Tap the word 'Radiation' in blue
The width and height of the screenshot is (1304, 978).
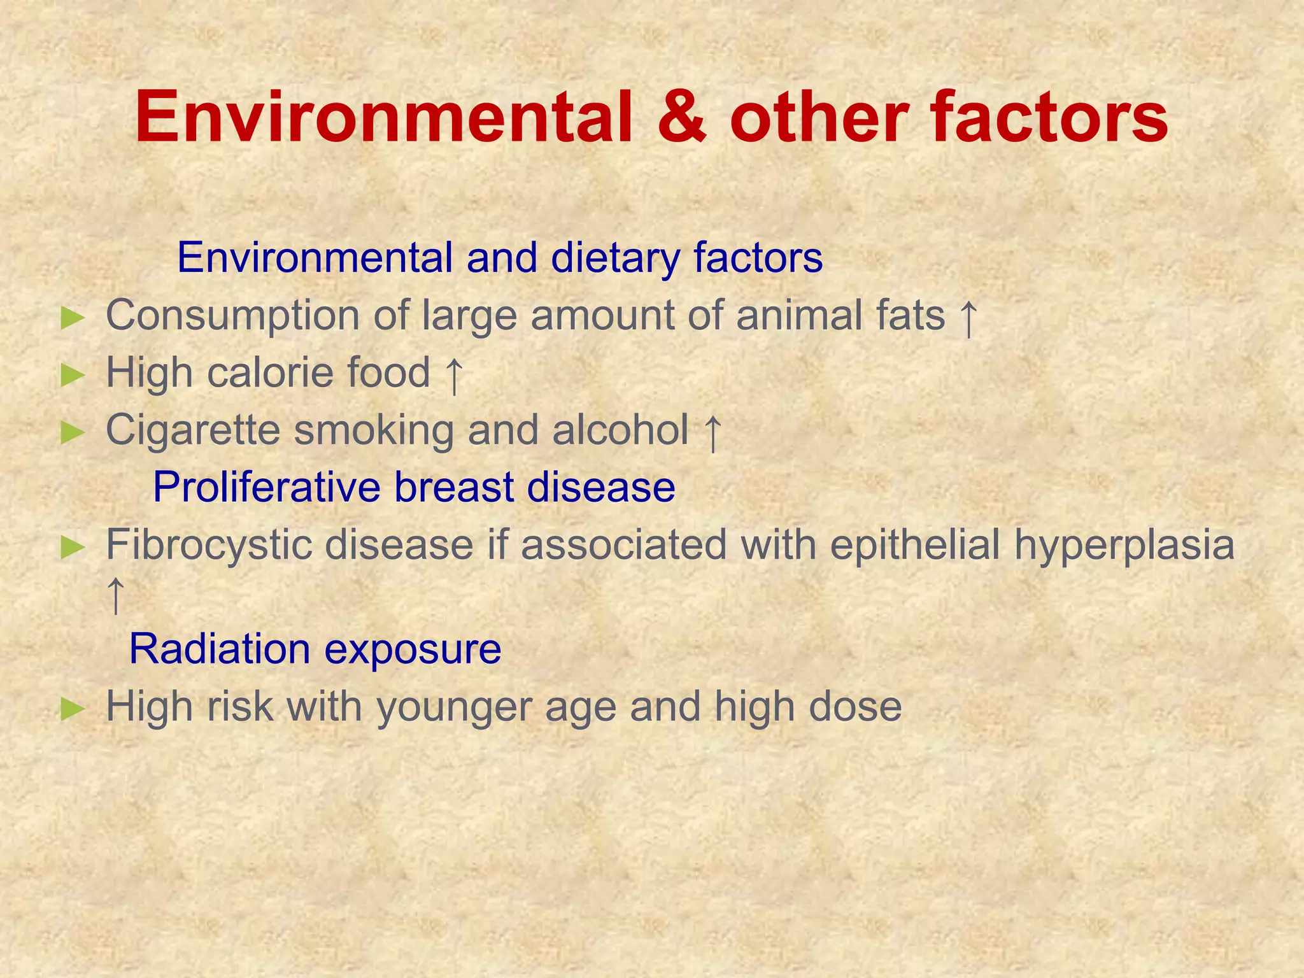pos(219,649)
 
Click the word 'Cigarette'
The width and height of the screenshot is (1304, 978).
pos(193,431)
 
